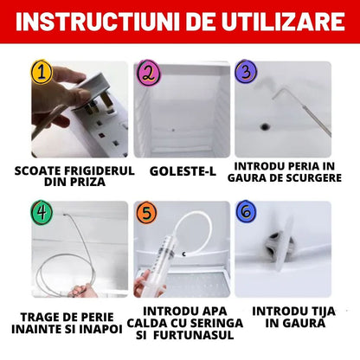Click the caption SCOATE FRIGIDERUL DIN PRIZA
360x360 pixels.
click(x=75, y=176)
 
